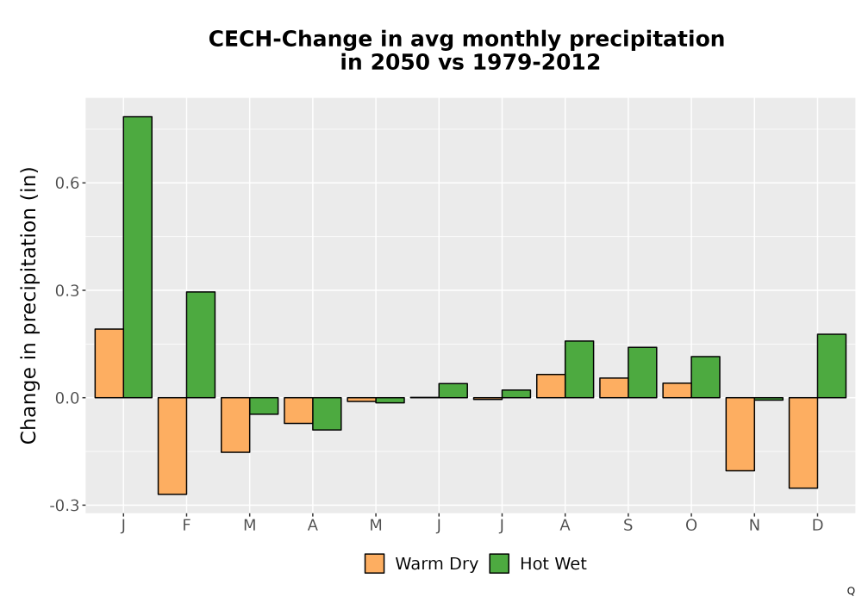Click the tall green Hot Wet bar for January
137,257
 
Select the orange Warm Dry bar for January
109,363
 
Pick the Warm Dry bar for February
172,446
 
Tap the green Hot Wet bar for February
201,345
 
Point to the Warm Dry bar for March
235,425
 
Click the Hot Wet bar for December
832,366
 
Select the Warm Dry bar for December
803,443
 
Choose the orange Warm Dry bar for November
740,434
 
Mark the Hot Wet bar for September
643,372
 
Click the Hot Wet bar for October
705,376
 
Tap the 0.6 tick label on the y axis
66,183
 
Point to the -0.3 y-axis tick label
64,506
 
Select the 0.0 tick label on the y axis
66,398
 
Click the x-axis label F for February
186,525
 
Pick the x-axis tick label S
628,525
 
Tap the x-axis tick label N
754,525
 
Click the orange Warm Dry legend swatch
374,563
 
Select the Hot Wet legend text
553,564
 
